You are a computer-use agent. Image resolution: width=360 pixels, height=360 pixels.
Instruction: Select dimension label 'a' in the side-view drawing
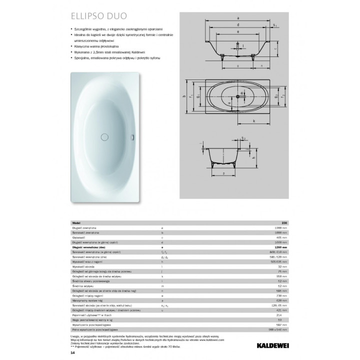(x=238, y=18)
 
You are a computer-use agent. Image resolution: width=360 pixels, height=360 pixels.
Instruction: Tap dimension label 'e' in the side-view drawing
(x=238, y=31)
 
